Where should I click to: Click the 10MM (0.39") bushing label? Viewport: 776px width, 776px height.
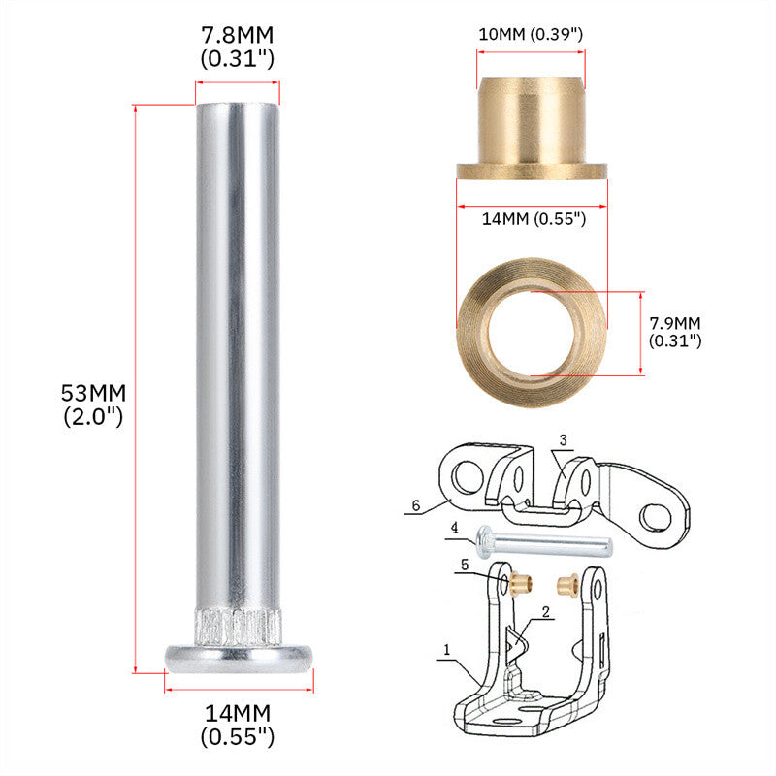point(531,34)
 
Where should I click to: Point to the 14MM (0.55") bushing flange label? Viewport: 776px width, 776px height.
point(534,218)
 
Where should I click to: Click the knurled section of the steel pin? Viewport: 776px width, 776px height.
point(238,628)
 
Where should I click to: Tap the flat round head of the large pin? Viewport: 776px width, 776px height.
point(239,659)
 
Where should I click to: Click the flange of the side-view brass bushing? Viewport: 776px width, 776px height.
point(532,172)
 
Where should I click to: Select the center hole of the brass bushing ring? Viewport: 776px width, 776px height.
point(532,334)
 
